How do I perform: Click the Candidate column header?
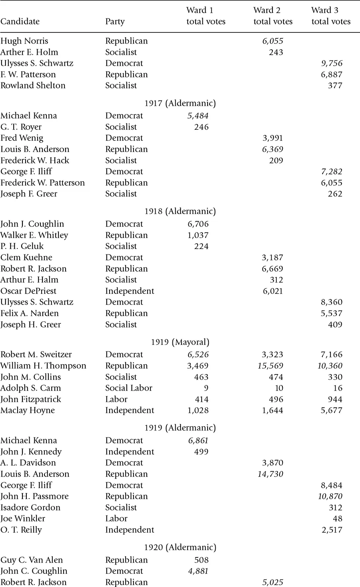click(20, 22)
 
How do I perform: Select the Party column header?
click(115, 22)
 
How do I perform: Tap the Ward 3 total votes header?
click(331, 16)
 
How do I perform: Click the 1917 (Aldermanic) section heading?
click(180, 103)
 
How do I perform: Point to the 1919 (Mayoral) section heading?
click(180, 342)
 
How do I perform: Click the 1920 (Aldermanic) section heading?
click(180, 547)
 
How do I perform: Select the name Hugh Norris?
click(24, 41)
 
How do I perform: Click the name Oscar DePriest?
click(28, 291)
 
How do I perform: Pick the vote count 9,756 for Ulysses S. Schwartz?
click(332, 63)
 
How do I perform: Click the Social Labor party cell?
click(128, 388)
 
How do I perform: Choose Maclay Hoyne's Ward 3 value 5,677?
click(332, 410)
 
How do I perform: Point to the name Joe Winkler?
click(23, 519)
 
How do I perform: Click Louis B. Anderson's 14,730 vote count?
click(271, 474)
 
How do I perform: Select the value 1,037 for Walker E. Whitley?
click(198, 235)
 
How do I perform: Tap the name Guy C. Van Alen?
click(32, 560)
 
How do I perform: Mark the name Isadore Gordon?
click(30, 507)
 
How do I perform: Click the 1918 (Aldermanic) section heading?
click(180, 211)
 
